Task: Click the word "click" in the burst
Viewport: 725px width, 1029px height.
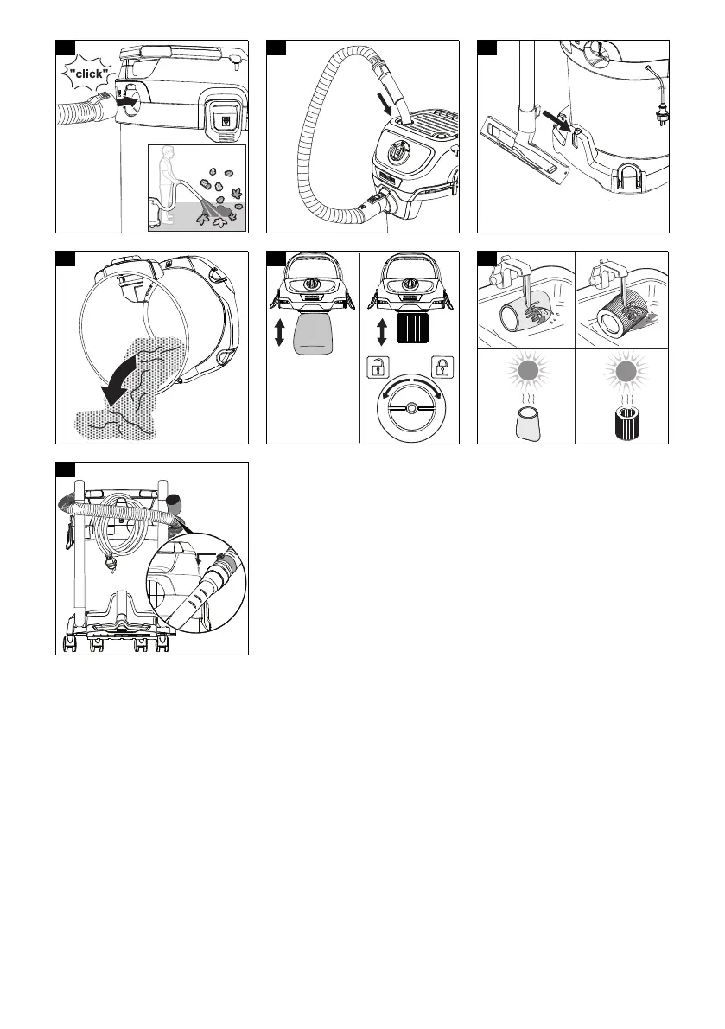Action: [x=88, y=74]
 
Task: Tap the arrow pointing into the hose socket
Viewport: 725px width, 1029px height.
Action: [x=127, y=102]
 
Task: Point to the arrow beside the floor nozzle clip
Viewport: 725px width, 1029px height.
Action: [x=556, y=120]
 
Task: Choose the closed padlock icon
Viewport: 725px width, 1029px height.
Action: [x=443, y=367]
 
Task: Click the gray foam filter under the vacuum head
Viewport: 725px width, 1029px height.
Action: [x=314, y=334]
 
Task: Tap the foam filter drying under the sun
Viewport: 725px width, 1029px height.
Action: [x=528, y=424]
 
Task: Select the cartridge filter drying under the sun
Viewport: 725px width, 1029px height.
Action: [x=625, y=424]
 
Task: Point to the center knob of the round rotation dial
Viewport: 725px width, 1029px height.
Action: [x=410, y=407]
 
